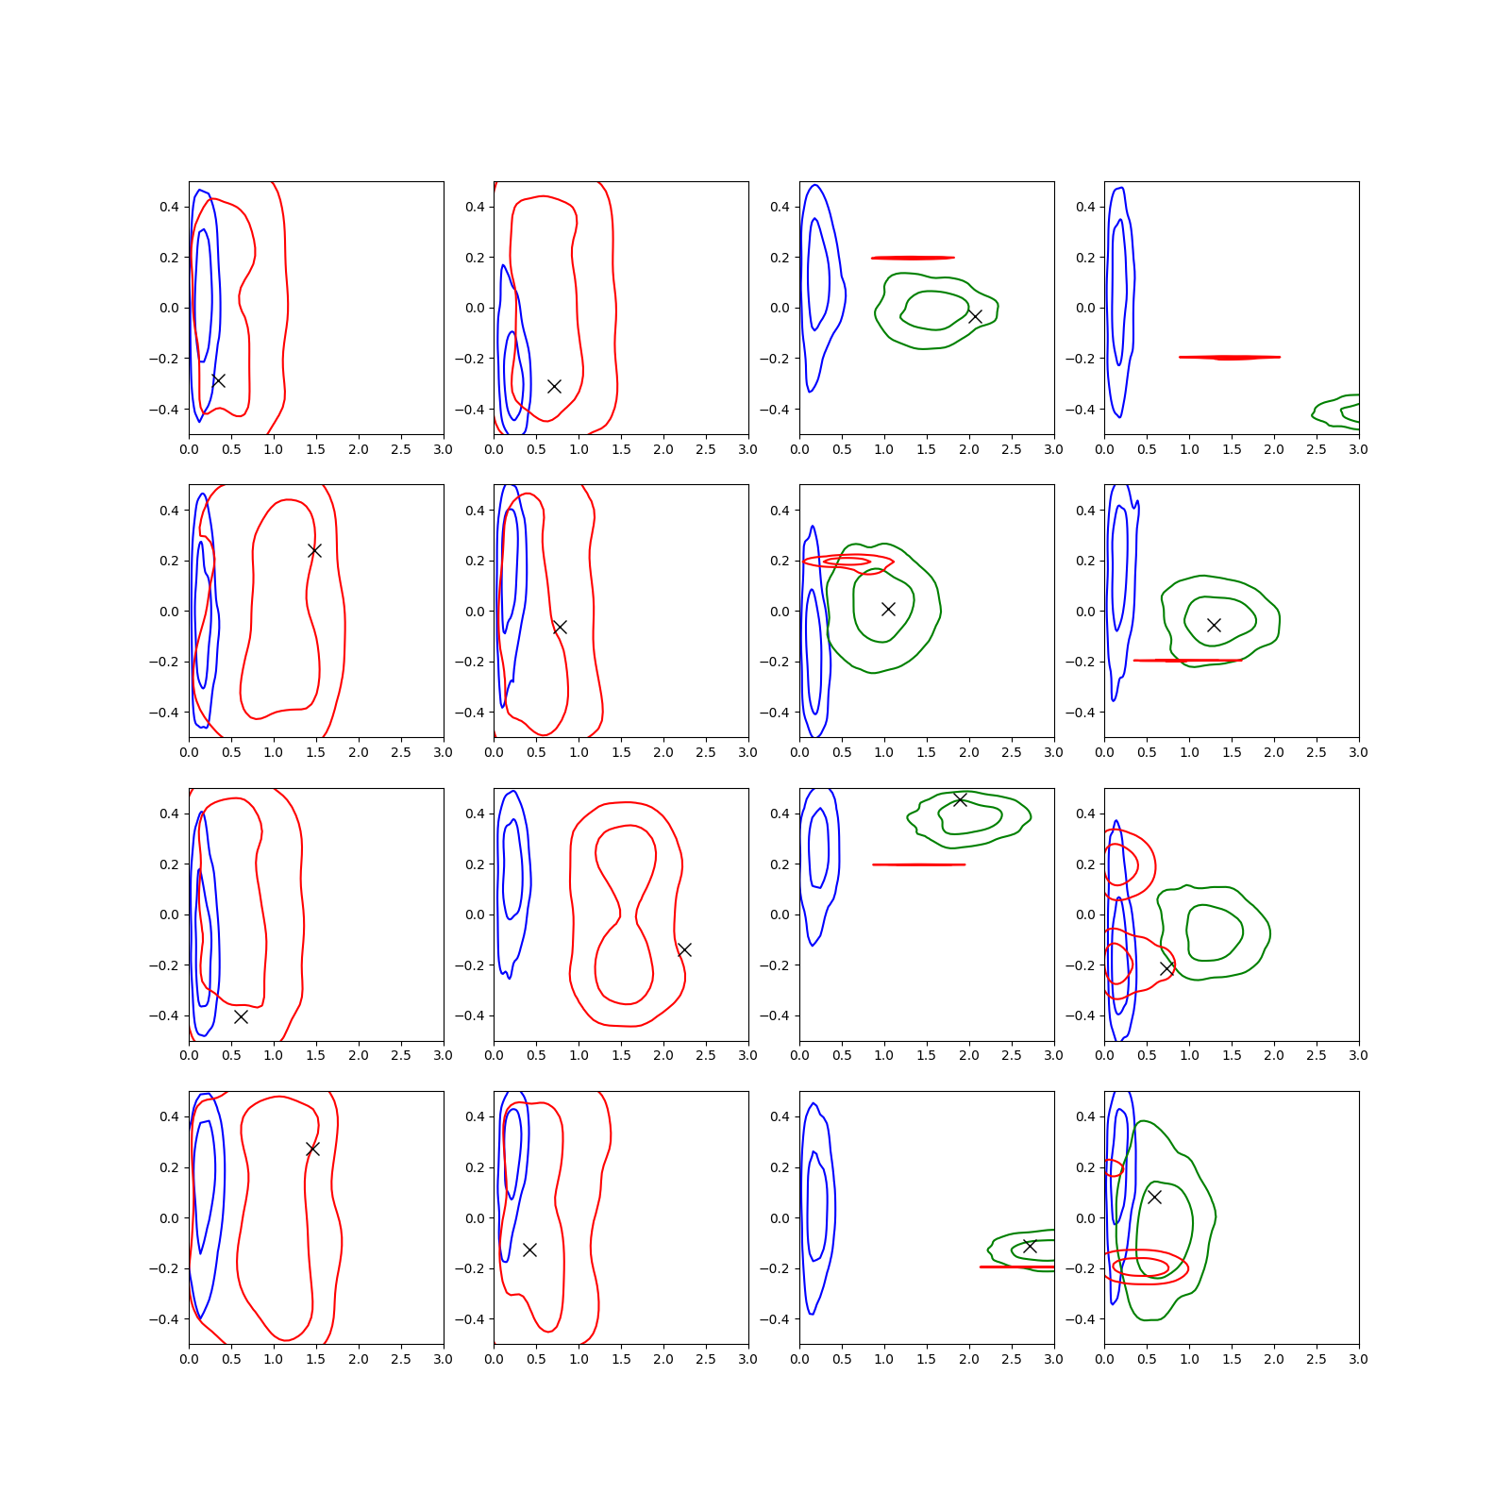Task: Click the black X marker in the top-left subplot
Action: pos(218,380)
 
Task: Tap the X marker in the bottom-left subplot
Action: pos(312,1149)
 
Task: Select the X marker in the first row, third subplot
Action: pos(975,316)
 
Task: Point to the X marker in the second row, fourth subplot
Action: pos(1214,625)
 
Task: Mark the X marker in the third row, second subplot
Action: pos(684,949)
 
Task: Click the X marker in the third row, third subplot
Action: pos(960,799)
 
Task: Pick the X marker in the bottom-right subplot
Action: pos(1154,1197)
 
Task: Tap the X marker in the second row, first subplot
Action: pos(314,550)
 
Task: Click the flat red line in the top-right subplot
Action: pos(1230,358)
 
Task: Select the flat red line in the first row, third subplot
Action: pos(913,258)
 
